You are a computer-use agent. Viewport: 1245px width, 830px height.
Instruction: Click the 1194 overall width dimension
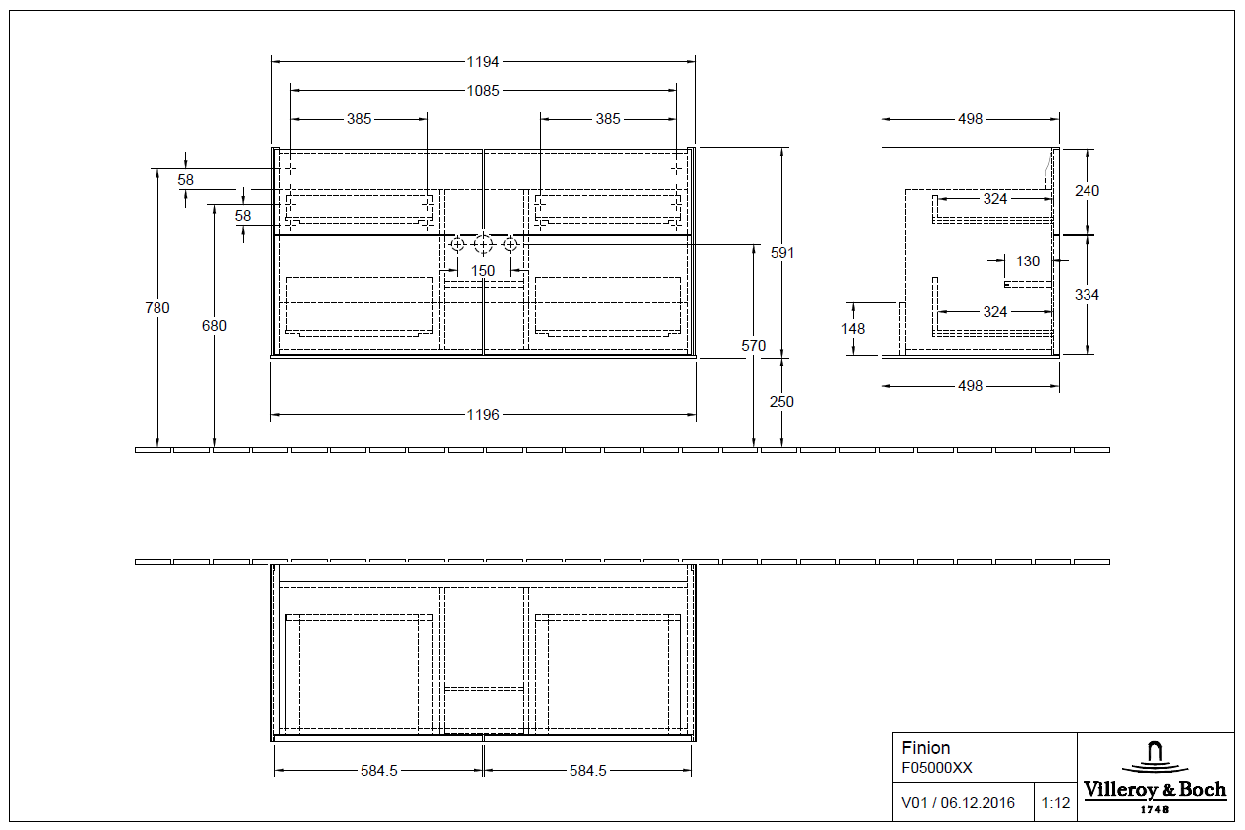(483, 61)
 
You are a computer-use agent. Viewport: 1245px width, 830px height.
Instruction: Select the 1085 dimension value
(483, 90)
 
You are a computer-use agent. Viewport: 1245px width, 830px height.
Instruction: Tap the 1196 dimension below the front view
(483, 415)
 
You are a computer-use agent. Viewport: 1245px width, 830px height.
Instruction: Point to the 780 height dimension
(157, 308)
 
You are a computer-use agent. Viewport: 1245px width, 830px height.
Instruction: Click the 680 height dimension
(214, 326)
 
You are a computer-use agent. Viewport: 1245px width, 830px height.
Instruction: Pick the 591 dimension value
(782, 253)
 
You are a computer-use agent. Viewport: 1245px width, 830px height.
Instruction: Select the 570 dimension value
(754, 346)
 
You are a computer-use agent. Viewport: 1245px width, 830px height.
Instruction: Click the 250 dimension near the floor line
(782, 402)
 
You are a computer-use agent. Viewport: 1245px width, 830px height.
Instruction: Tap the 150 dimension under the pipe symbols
(483, 271)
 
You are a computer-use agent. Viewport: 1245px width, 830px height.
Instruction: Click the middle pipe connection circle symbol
(483, 244)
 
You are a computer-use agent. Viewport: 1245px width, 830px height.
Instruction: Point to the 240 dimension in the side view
(1087, 191)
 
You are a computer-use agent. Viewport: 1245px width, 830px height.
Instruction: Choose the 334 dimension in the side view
(1087, 295)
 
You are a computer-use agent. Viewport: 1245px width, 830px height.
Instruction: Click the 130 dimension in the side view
(1028, 261)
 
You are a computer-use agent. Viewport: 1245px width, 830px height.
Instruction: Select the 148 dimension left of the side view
(853, 329)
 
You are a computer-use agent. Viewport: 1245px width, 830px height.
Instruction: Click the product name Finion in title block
(925, 748)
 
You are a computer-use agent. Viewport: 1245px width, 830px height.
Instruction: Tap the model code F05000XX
(936, 768)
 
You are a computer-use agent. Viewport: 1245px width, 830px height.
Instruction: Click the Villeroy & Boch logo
(1154, 778)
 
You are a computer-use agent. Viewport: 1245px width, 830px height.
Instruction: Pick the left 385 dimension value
(359, 119)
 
